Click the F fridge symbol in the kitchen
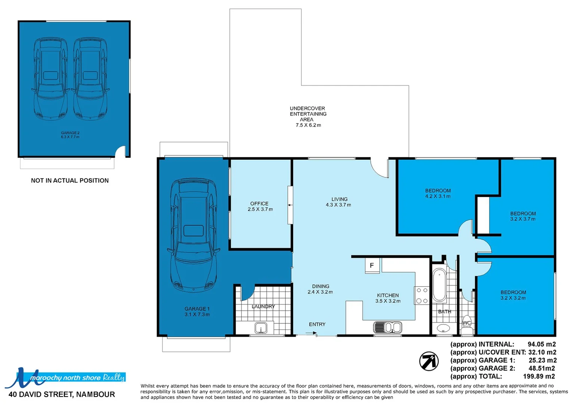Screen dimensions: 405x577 click(372, 265)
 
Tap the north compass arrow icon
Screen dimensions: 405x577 click(429, 361)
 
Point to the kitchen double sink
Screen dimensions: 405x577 click(388, 327)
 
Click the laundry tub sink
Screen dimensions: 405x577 click(261, 328)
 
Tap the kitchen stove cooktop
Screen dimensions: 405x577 click(422, 295)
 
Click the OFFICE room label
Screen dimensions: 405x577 click(259, 204)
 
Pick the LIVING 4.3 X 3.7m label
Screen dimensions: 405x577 click(338, 202)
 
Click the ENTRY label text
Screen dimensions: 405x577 click(317, 324)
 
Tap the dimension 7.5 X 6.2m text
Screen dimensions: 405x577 click(308, 125)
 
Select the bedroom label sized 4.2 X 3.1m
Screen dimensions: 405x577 click(438, 193)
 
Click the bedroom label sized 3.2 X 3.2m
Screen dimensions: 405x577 click(513, 295)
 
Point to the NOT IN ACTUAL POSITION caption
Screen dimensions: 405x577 click(70, 180)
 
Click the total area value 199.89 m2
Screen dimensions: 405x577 click(539, 376)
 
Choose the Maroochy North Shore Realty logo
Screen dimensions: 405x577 click(66, 377)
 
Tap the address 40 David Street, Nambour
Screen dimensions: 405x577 click(62, 394)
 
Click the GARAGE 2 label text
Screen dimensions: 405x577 click(70, 133)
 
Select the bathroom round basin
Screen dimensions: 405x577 click(444, 328)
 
